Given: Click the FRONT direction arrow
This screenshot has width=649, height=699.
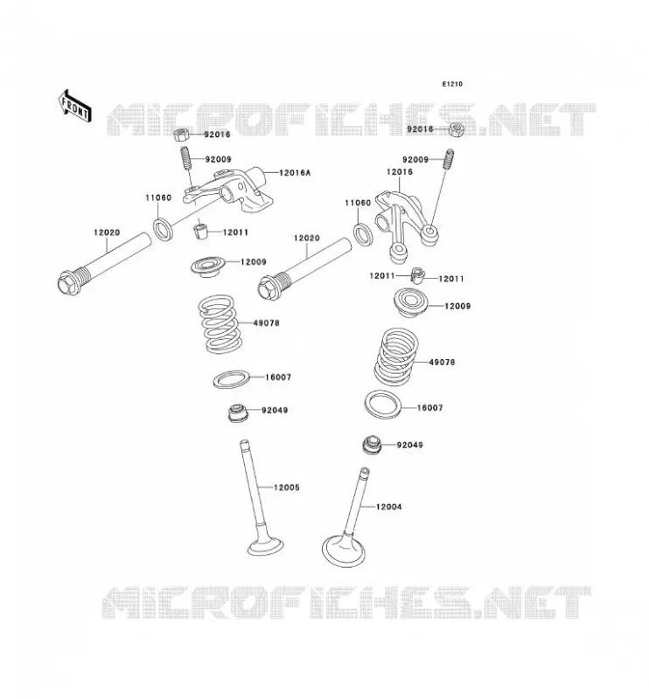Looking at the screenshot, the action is coord(75,106).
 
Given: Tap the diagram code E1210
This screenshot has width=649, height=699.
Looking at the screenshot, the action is coord(452,84).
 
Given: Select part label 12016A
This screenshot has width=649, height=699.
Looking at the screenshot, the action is coord(295,172).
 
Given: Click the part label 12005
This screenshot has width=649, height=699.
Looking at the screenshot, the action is coord(286,488).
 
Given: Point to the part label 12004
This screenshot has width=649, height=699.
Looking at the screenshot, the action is coord(388,507).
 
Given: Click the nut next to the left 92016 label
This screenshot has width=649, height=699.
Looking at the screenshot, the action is coord(182,135).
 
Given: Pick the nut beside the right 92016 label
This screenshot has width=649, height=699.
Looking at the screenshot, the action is coord(457,129).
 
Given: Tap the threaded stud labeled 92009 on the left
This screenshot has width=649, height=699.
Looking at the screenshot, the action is coord(185,159).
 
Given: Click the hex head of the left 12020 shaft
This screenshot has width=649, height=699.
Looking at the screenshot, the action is coord(67,282).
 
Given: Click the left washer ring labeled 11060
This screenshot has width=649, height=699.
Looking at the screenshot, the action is coord(164,229).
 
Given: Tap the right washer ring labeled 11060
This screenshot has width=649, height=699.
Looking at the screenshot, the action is coord(363,234).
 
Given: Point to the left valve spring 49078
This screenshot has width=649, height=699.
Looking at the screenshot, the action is coord(220,323).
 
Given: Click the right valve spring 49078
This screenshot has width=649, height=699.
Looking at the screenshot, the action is coord(396,357).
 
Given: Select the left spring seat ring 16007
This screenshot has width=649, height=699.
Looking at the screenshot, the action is coord(231,379).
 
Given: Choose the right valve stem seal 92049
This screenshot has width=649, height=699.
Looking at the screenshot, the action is coord(372,445).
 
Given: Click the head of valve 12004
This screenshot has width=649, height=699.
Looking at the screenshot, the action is coord(345,550).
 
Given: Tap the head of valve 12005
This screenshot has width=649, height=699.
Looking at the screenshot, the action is coord(266,545).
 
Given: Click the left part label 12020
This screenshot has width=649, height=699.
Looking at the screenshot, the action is coord(107,232).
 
